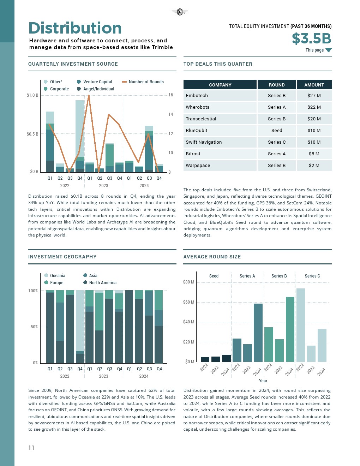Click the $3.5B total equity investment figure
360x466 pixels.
[311, 38]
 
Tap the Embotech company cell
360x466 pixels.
[197, 96]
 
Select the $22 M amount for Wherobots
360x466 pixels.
[314, 107]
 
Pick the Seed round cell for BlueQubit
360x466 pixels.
[277, 131]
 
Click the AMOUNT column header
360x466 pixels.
[314, 85]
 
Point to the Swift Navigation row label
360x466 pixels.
[204, 142]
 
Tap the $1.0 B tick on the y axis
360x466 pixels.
[32, 95]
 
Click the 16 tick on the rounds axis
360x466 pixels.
[170, 95]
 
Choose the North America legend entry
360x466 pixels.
[102, 283]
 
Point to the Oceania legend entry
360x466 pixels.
[57, 276]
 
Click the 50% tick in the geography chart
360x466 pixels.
[34, 327]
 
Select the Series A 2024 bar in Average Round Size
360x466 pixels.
[258, 333]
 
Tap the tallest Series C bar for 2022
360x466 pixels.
[301, 325]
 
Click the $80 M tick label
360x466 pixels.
[188, 282]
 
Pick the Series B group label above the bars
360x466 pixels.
[279, 276]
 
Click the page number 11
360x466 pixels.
[31, 448]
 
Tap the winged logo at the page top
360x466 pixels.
[180, 12]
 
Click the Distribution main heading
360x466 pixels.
[75, 28]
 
